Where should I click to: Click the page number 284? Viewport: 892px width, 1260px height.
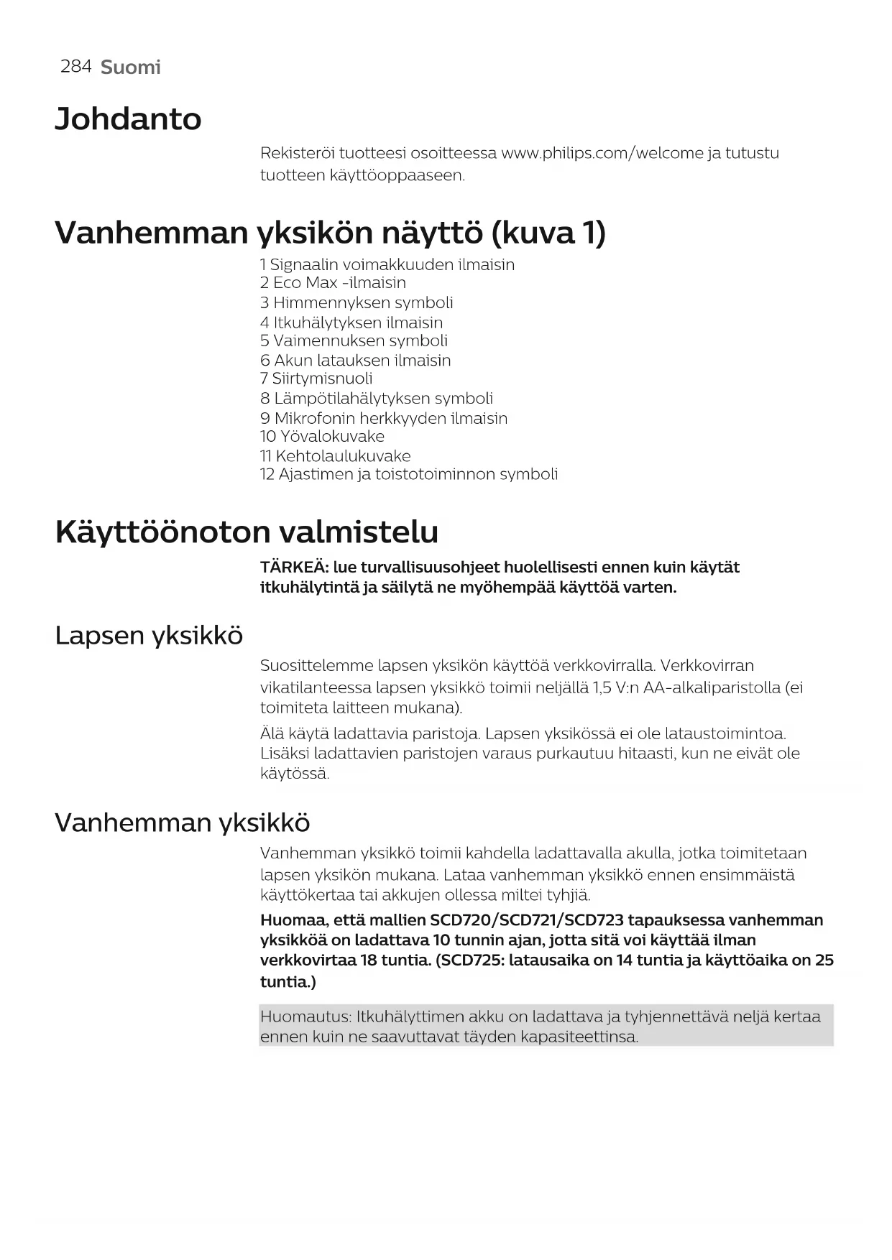[75, 67]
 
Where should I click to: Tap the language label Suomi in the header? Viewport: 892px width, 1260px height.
[130, 68]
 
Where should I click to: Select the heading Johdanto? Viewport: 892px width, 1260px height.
[128, 119]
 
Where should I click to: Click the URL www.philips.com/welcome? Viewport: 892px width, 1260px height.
[602, 153]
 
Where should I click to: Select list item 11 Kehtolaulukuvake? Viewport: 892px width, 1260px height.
[335, 456]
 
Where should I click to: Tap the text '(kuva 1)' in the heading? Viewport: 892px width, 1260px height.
[548, 233]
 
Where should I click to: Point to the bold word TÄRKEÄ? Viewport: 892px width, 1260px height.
[294, 568]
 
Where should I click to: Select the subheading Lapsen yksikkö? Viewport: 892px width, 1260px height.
[149, 636]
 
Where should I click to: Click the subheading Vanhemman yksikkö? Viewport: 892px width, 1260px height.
[182, 823]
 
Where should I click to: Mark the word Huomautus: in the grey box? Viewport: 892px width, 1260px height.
[305, 1016]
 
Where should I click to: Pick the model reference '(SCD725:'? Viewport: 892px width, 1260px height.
[469, 960]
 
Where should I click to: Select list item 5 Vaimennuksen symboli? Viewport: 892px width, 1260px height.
[354, 341]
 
